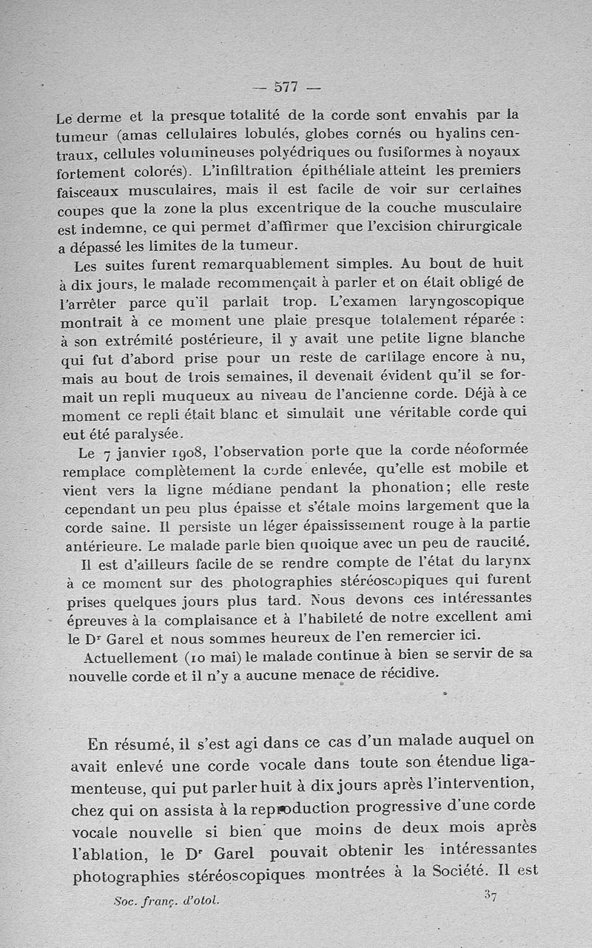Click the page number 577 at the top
(286, 87)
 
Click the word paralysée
(145, 434)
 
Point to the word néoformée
(481, 451)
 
